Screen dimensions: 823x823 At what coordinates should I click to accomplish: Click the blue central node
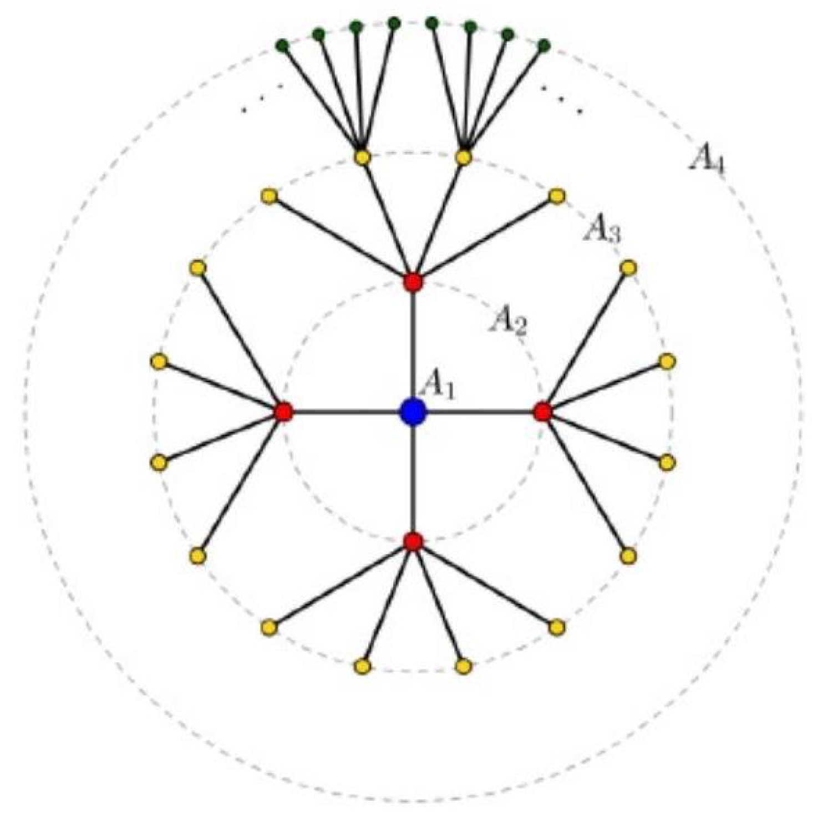pos(413,411)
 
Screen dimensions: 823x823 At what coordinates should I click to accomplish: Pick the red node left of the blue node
pos(283,411)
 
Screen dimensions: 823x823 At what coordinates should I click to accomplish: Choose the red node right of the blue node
pos(543,411)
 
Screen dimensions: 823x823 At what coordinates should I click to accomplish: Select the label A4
pos(706,161)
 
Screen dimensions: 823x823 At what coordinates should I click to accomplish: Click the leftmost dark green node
pos(282,46)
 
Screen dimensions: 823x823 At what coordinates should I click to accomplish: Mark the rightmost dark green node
pos(544,44)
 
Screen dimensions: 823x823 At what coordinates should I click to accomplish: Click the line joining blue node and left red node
pos(347,411)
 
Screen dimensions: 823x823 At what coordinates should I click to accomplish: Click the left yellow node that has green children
pos(362,158)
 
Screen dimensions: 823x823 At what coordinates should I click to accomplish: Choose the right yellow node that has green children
pos(464,158)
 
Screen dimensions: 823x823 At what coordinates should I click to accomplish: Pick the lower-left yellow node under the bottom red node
pos(268,627)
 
